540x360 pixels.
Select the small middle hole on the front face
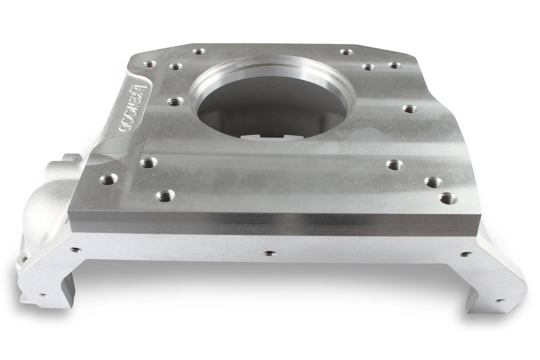[x=270, y=253]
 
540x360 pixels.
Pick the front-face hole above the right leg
[x=465, y=254]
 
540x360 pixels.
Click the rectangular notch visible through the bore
[x=262, y=136]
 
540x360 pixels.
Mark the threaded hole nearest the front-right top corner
[x=447, y=197]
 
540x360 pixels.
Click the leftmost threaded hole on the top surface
[x=108, y=179]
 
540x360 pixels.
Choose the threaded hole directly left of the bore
[x=174, y=101]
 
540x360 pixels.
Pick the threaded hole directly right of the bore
[x=410, y=109]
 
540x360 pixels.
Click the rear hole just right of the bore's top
[x=346, y=52]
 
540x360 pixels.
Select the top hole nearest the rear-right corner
[x=394, y=65]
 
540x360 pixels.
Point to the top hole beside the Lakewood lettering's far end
[x=150, y=64]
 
